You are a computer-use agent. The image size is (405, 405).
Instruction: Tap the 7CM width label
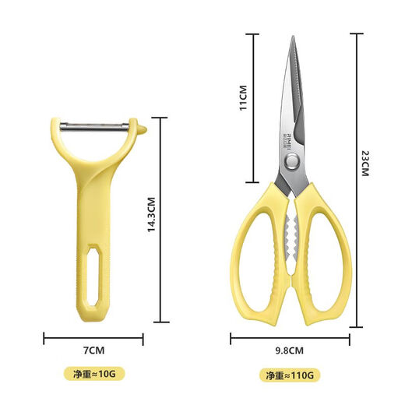tap(93, 350)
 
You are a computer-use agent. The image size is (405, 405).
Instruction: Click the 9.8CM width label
tap(290, 350)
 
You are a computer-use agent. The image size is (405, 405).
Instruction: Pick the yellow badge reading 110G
tap(289, 375)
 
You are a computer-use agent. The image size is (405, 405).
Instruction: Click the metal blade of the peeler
tap(93, 124)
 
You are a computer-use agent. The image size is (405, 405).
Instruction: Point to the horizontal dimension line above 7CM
tap(93, 339)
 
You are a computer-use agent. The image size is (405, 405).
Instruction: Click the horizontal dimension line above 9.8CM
tap(290, 339)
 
